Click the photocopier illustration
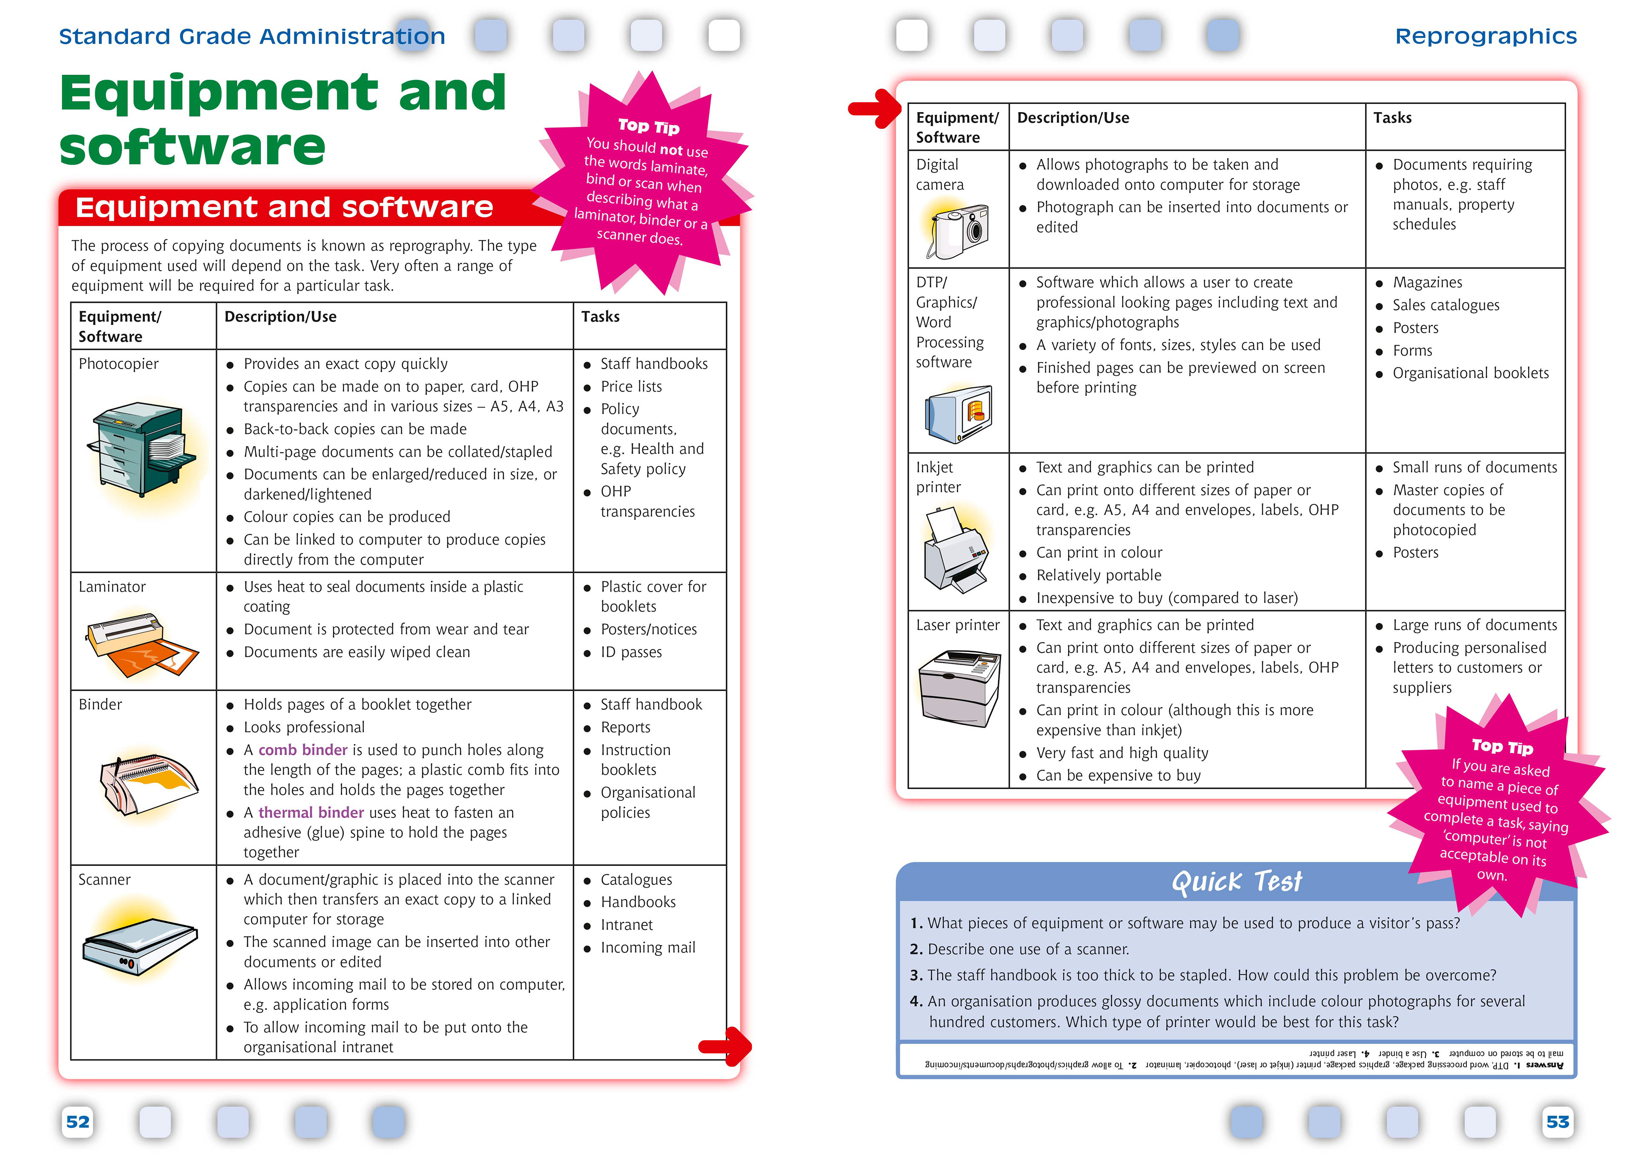pos(142,449)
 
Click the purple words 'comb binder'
pos(303,750)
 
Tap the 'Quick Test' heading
pos(1236,882)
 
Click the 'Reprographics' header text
pos(1486,36)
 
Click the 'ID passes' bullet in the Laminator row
pos(631,652)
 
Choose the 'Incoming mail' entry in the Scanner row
pos(648,947)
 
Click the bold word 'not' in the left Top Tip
pos(671,150)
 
